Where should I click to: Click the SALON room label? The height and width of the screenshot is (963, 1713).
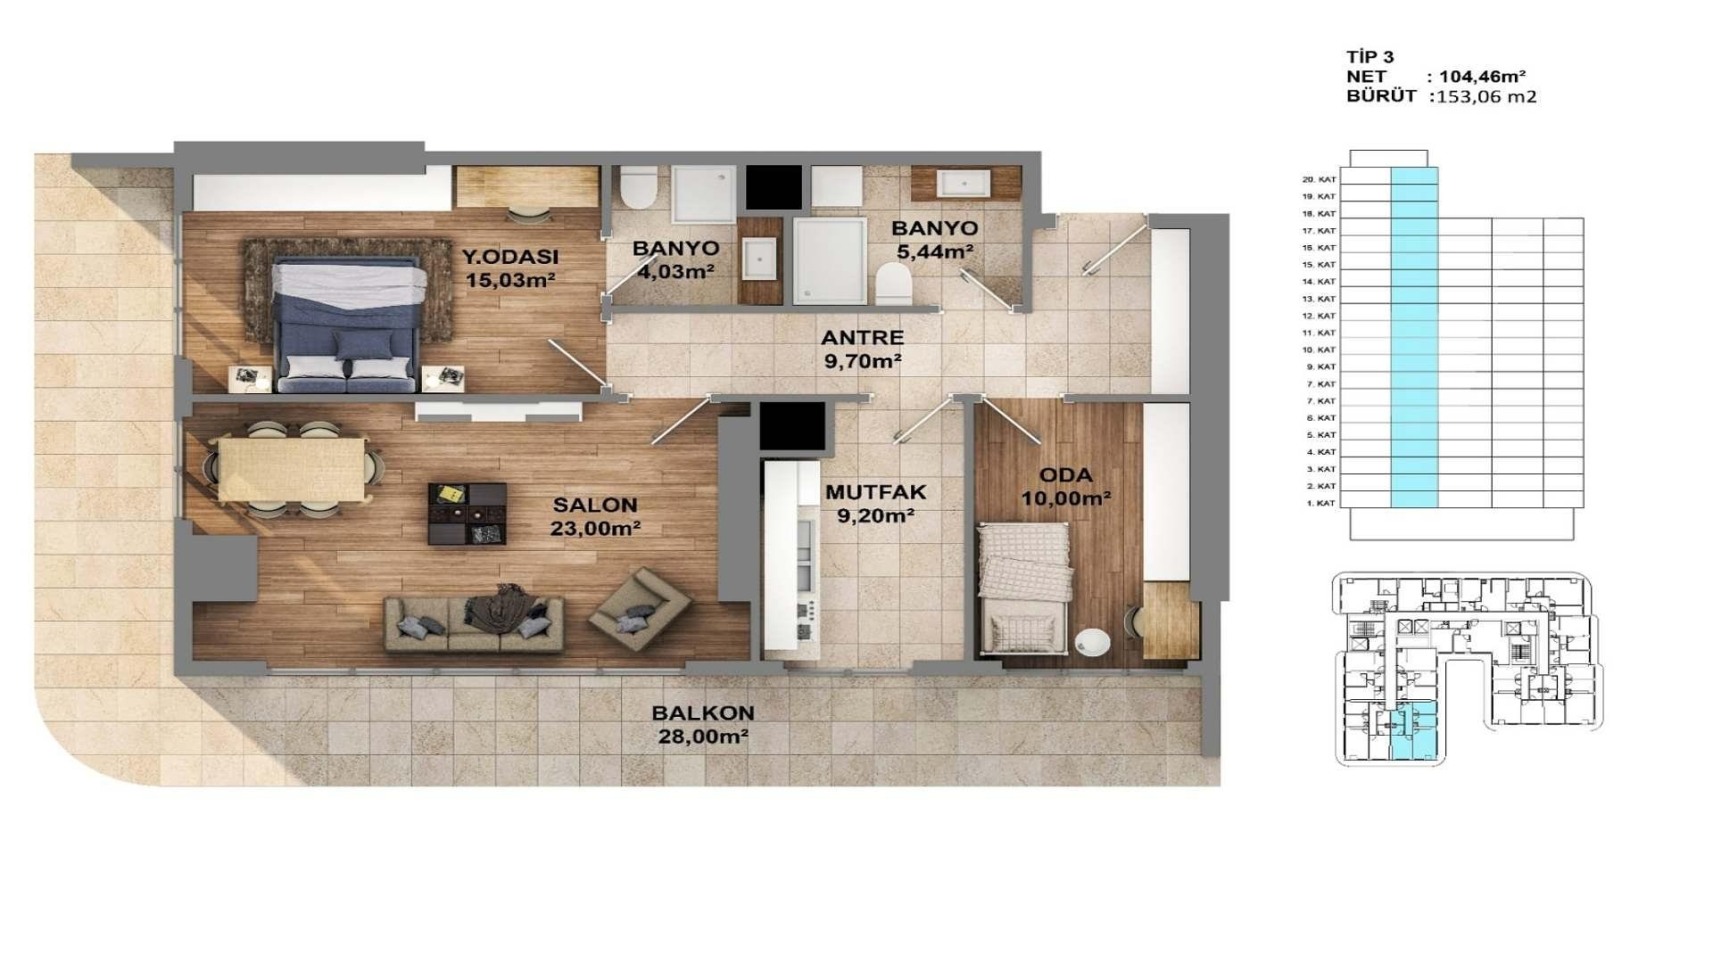(594, 505)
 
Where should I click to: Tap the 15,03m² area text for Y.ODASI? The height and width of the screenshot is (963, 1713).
(510, 280)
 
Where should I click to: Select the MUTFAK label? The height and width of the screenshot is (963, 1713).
(875, 492)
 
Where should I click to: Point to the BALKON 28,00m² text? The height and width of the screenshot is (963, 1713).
(702, 725)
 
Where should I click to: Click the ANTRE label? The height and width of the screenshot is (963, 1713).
(862, 338)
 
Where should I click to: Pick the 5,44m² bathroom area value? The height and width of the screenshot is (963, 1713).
(934, 251)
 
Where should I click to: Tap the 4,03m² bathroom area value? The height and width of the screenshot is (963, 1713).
(675, 271)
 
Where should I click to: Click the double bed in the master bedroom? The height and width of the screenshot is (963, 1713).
(348, 325)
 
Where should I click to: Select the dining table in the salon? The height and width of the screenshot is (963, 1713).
(291, 469)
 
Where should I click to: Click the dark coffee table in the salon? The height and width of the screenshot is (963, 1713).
(467, 514)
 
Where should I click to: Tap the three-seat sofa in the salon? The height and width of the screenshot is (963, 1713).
(474, 623)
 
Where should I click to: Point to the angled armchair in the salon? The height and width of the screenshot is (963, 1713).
(639, 608)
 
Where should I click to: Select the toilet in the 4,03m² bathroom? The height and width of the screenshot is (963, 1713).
(639, 187)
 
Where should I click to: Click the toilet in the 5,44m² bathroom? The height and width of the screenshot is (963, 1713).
(893, 286)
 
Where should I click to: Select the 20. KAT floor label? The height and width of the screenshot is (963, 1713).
(1319, 179)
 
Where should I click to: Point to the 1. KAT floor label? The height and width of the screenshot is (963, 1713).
(1320, 503)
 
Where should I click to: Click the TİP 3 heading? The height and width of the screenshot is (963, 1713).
(1370, 57)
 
